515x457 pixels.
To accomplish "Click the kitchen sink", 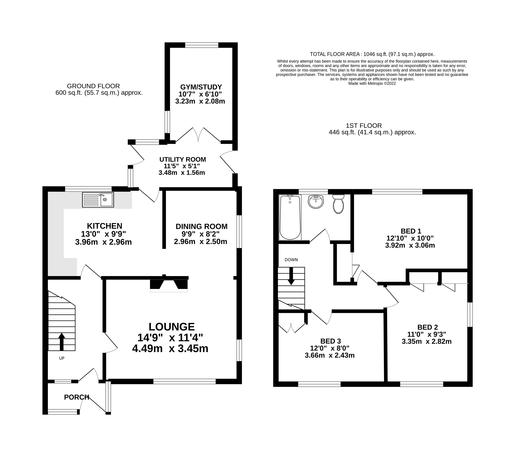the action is point(98,200).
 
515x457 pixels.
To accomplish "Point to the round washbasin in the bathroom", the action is point(316,202).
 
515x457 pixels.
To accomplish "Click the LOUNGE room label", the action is point(172,327).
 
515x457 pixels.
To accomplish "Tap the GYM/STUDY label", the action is point(201,87).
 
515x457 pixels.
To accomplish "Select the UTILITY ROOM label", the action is point(183,159).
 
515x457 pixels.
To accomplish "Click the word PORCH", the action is point(77,397).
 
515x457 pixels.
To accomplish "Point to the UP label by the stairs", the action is point(62,358).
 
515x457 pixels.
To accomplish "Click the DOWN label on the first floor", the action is point(291,260).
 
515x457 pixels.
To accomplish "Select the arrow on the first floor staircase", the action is point(291,276).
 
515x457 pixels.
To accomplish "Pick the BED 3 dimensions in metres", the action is point(330,355).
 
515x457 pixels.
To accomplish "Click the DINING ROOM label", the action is point(202,227).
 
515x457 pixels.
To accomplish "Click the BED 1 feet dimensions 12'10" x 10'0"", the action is point(410,238).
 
